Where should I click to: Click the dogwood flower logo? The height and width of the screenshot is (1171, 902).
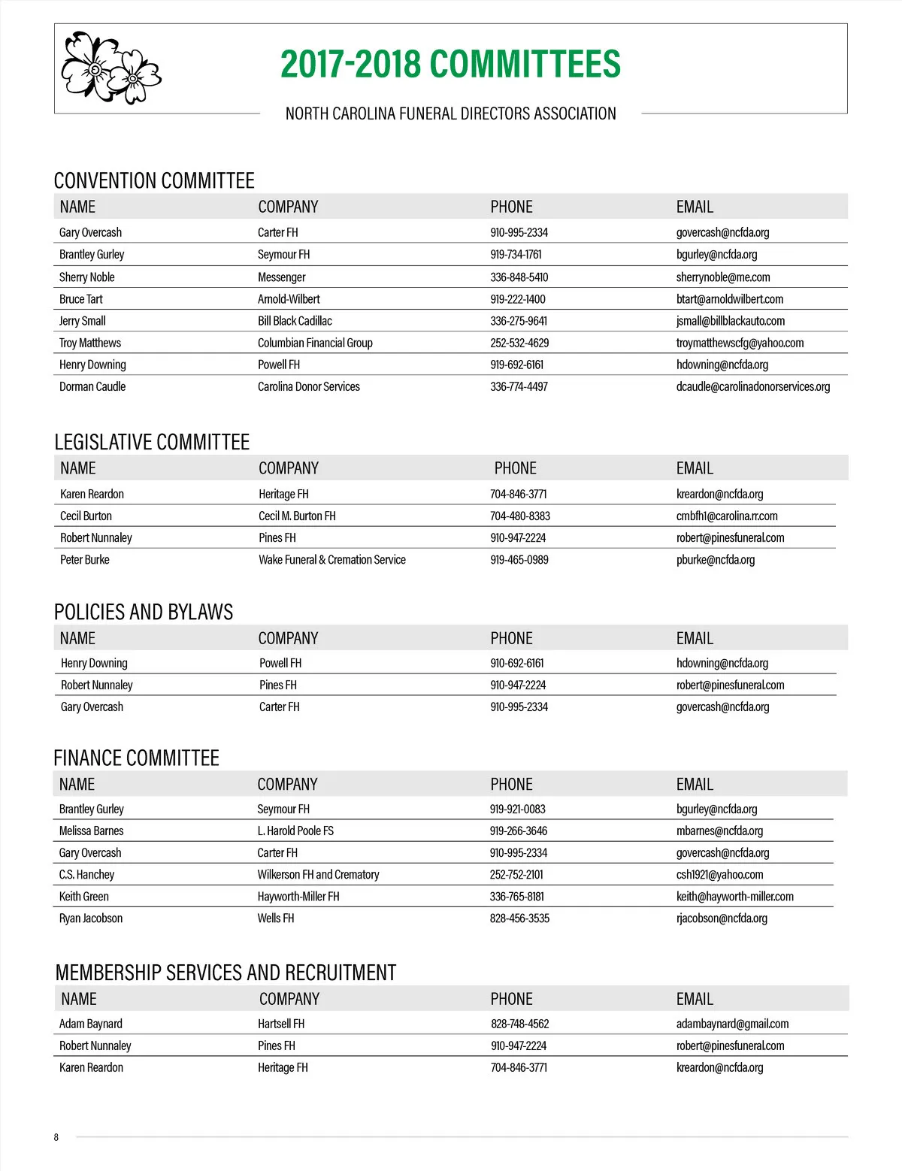tap(110, 68)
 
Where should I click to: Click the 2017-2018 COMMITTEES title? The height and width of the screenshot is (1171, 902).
tap(450, 65)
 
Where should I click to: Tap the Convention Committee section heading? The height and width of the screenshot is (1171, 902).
tap(154, 181)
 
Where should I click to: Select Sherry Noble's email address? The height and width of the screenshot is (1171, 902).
tap(722, 277)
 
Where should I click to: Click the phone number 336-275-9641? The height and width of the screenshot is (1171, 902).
tap(519, 321)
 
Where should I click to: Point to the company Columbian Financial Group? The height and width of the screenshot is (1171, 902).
tap(315, 343)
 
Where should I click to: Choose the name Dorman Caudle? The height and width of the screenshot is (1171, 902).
tap(92, 386)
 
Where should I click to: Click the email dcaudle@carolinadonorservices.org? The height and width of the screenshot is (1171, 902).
tap(752, 386)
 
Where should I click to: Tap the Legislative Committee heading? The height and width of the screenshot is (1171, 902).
tap(152, 442)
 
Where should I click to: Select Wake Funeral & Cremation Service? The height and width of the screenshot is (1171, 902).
tap(331, 560)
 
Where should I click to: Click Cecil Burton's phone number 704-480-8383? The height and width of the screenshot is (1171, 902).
tap(519, 516)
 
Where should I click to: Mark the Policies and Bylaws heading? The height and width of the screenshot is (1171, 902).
tap(144, 612)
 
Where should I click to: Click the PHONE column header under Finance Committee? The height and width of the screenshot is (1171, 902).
tap(511, 784)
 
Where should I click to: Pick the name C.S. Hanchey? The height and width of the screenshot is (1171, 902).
tap(86, 875)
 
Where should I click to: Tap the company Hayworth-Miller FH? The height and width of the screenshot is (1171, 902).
tap(298, 897)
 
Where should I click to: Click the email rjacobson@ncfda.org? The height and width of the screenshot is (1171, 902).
tap(722, 918)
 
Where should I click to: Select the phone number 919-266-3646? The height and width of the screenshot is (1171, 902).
tap(518, 831)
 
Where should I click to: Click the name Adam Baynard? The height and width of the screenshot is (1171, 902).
tap(90, 1024)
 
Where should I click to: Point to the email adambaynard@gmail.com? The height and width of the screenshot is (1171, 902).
tap(732, 1024)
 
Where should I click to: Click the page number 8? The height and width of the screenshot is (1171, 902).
tap(56, 1137)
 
